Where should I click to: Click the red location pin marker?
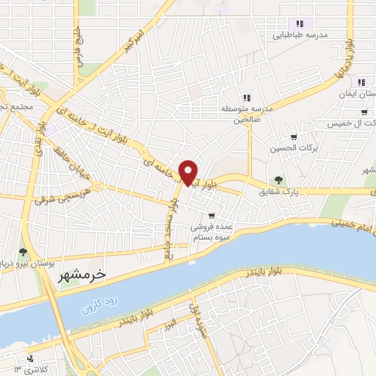click(x=189, y=173)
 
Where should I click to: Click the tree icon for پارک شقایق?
click(x=278, y=180)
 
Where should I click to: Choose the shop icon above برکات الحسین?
click(x=294, y=137)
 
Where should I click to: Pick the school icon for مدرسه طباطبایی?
click(x=299, y=23)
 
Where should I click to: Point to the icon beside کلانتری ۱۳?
click(x=29, y=358)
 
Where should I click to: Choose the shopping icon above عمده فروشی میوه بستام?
click(x=211, y=215)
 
